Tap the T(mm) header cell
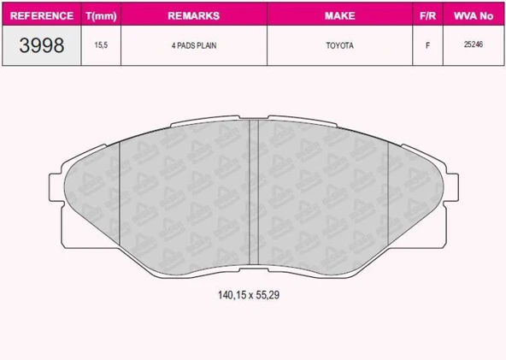(x=100, y=15)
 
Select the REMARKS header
(x=193, y=15)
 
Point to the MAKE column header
(x=340, y=15)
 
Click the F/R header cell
(x=427, y=15)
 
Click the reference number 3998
(x=40, y=45)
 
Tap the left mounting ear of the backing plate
(x=58, y=183)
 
